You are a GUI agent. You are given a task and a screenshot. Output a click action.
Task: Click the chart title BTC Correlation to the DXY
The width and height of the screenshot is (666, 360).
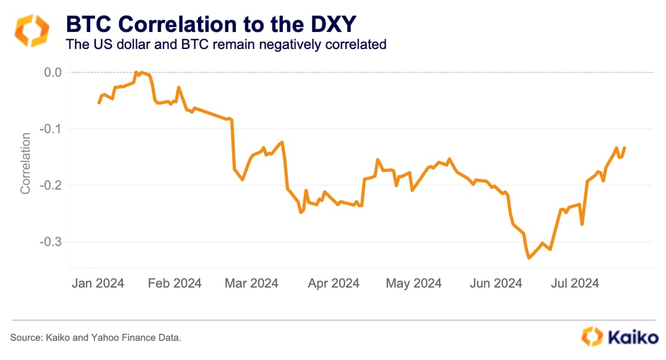(x=210, y=24)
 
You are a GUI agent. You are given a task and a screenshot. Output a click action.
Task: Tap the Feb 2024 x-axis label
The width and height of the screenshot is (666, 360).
(x=174, y=283)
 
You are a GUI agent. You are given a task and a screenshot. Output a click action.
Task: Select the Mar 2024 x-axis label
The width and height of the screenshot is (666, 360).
(x=252, y=283)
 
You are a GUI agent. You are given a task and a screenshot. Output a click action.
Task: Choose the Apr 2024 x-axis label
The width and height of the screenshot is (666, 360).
(x=333, y=283)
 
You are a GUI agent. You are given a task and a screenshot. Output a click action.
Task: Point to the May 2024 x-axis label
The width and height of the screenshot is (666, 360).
(x=414, y=283)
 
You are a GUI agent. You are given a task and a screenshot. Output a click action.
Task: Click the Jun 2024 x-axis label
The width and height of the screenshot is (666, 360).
(x=496, y=283)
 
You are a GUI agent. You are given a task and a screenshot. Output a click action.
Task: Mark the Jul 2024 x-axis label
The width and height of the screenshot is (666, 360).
(x=575, y=283)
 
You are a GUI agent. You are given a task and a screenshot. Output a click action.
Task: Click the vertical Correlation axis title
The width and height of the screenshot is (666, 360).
(x=25, y=164)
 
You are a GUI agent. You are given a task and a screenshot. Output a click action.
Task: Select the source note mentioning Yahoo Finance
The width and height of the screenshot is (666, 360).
(x=96, y=338)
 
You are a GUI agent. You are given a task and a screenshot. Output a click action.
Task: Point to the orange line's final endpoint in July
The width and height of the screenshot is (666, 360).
(x=625, y=148)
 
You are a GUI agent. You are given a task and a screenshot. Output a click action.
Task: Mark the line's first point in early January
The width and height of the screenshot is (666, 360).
(x=99, y=103)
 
